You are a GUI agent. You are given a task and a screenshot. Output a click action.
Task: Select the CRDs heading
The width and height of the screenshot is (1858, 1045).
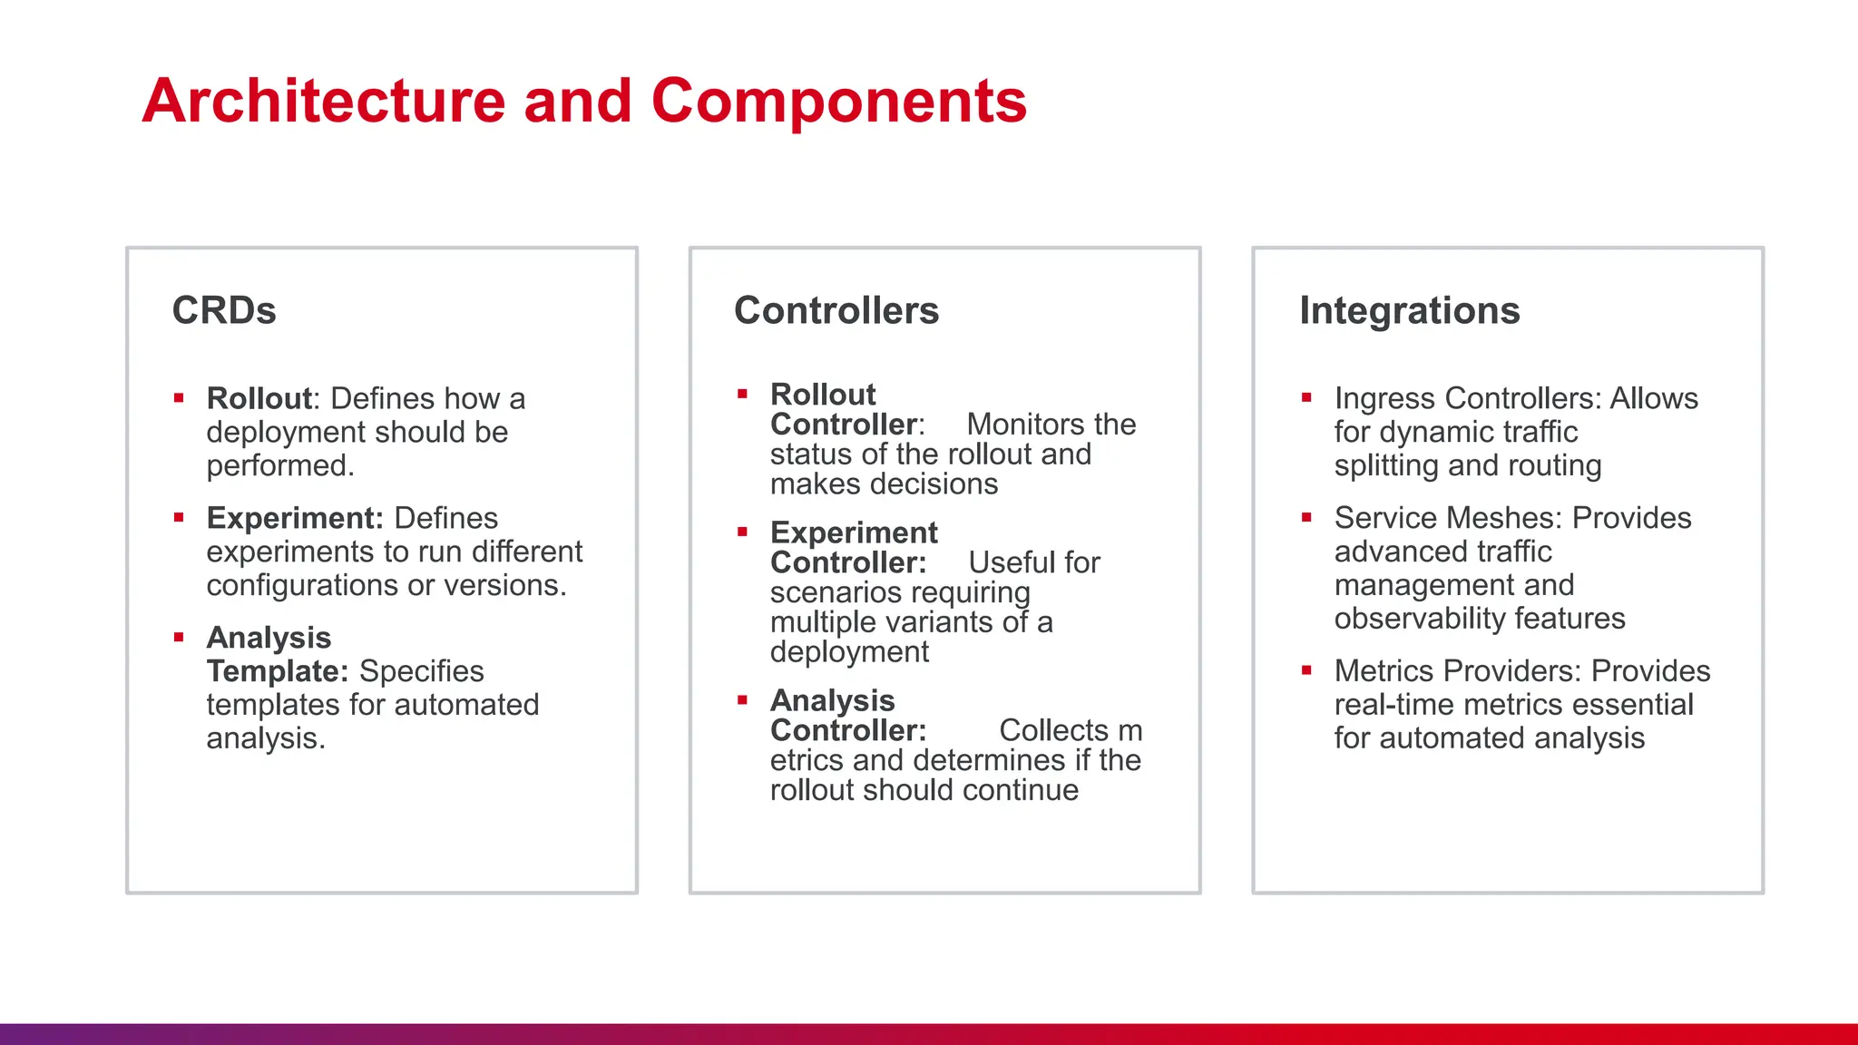(224, 310)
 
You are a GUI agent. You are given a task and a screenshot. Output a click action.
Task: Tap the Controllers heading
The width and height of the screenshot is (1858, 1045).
(836, 310)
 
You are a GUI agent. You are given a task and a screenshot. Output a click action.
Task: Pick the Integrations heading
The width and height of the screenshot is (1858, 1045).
(1409, 310)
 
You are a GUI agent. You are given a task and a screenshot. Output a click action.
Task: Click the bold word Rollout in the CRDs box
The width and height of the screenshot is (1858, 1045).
(259, 398)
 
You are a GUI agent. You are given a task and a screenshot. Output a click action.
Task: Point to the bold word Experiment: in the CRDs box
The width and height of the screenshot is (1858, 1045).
(295, 518)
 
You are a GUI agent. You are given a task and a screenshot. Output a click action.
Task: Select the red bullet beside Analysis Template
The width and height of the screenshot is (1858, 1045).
(179, 638)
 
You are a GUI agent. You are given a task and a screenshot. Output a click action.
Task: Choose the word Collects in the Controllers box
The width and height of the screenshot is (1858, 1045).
(1053, 730)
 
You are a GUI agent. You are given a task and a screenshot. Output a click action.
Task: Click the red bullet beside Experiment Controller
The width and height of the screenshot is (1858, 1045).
(742, 532)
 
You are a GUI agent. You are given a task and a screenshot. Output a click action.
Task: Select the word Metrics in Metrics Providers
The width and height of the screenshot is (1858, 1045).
(1384, 671)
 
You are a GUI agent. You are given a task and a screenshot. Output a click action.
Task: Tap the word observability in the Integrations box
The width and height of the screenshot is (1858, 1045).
(1420, 619)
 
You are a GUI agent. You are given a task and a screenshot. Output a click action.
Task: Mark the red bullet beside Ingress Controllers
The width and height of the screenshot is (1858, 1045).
(1306, 397)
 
